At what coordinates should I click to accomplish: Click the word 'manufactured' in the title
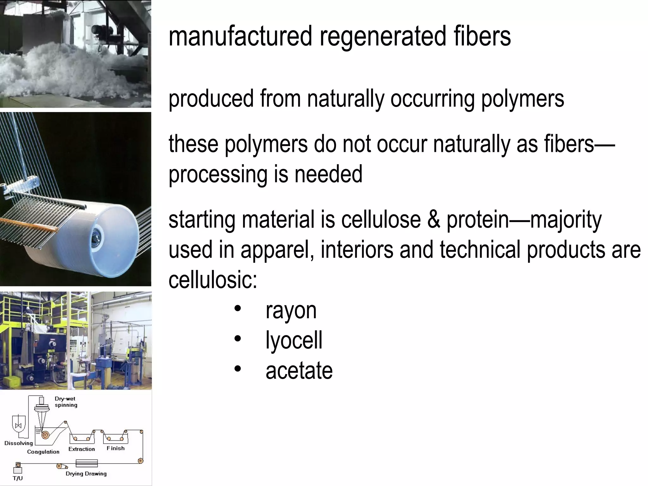tap(241, 36)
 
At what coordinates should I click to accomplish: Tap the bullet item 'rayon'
tap(291, 311)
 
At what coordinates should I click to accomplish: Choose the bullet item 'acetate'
tap(299, 371)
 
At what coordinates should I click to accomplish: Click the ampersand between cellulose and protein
tap(433, 220)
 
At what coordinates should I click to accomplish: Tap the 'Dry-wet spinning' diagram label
tap(66, 402)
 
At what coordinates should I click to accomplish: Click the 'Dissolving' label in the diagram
tap(19, 443)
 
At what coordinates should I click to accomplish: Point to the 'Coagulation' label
tap(43, 452)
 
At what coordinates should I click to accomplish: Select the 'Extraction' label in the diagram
tap(82, 449)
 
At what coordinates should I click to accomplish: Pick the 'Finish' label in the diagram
tap(115, 448)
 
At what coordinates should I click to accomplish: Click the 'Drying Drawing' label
tap(86, 473)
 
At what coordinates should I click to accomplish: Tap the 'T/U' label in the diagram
tap(18, 478)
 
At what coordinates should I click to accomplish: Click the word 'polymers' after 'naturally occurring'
tap(522, 99)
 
